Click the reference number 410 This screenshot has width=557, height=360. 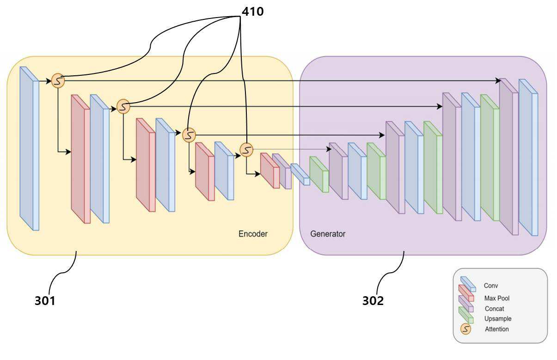pos(253,12)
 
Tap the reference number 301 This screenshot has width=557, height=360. pos(45,300)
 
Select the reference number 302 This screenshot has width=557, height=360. pos(373,300)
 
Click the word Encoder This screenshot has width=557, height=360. pos(253,234)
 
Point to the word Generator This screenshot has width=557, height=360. pos(328,234)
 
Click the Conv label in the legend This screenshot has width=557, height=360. pos(491,286)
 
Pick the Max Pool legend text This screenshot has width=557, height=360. pos(497,298)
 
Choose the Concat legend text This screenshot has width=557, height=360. pos(494,309)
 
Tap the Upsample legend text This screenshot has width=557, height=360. pos(498,318)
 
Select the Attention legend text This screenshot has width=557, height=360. pos(497,329)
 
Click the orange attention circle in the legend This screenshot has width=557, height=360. pos(465,329)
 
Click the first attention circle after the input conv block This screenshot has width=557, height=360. pos(58,80)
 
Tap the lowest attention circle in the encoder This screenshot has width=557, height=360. pos(246,150)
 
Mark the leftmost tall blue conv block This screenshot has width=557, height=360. pos(29,148)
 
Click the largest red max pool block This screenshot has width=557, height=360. pos(81,159)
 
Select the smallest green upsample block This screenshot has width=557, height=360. pos(319,174)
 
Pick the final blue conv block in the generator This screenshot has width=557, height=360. pos(528,158)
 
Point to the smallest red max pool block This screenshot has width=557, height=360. pos(270,171)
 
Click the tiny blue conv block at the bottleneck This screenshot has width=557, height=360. pos(300,174)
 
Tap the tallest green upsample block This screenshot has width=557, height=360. pos(490,158)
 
